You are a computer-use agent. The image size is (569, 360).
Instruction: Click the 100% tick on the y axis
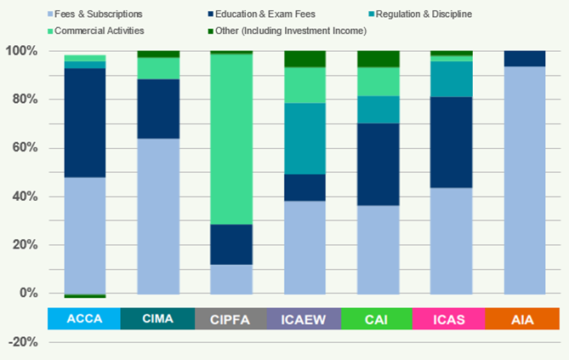[x=22, y=51]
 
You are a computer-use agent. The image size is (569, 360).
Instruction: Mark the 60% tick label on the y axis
[x=25, y=148]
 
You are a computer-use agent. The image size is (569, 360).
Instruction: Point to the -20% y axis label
[x=23, y=342]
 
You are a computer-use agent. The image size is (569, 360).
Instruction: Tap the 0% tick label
[x=28, y=294]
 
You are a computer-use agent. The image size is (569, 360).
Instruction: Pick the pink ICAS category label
[x=451, y=319]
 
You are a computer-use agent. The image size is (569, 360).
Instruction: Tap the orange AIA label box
[x=526, y=319]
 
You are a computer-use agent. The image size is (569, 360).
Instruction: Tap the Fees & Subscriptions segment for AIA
[x=526, y=180]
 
